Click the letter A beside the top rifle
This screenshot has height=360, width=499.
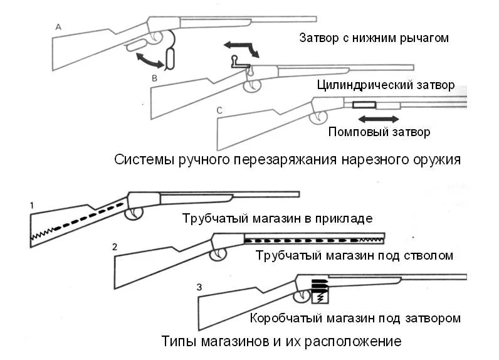[x=58, y=27]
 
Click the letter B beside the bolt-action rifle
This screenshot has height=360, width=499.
[x=154, y=78]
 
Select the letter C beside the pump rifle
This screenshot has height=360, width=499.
[x=219, y=111]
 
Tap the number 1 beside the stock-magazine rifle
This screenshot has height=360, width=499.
[x=31, y=205]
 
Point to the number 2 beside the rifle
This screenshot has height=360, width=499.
[x=115, y=246]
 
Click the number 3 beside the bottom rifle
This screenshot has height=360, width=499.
[x=199, y=287]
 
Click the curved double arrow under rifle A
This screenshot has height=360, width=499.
[x=150, y=61]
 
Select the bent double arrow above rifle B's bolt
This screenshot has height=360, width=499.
[x=241, y=48]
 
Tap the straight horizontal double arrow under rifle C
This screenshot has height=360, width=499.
[x=379, y=118]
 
